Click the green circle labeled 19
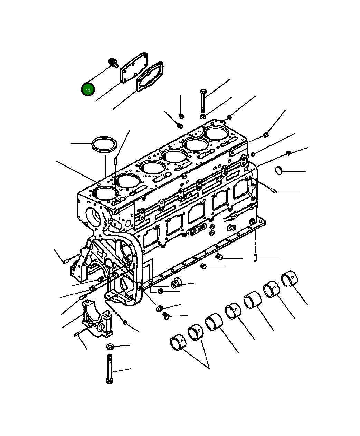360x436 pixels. click(x=88, y=90)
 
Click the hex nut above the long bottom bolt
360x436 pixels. click(x=110, y=346)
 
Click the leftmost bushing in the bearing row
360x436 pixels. click(x=178, y=342)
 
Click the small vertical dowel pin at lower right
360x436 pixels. click(x=255, y=258)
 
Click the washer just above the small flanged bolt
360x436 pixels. click(x=160, y=308)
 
